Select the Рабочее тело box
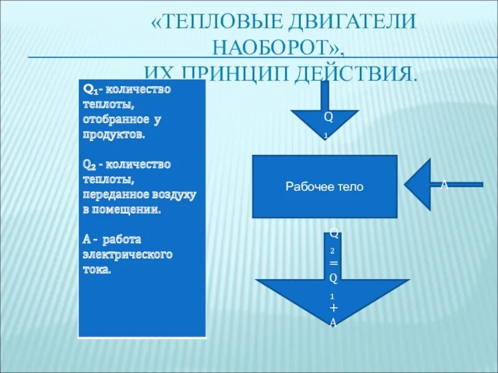(x=324, y=186)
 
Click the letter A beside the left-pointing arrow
(x=444, y=185)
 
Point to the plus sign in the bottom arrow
(x=334, y=308)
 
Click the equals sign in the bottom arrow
(x=334, y=264)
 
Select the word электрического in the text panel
(x=127, y=254)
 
